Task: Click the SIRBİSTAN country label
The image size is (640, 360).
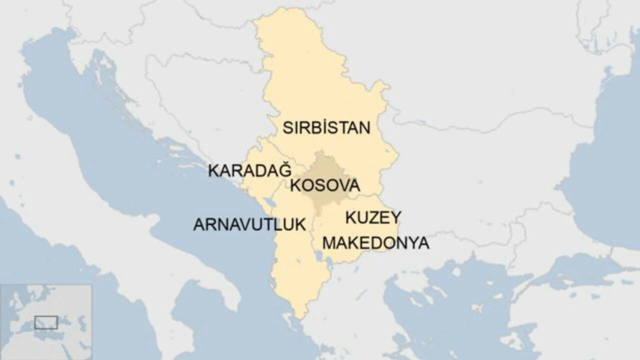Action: [326, 127]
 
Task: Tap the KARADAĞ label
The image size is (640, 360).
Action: [249, 170]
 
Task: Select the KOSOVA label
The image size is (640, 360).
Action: [325, 185]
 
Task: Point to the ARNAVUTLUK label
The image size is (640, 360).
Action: [249, 224]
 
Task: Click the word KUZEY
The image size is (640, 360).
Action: [373, 217]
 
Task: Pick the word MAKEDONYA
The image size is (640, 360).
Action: [375, 243]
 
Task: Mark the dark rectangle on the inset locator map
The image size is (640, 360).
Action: [46, 322]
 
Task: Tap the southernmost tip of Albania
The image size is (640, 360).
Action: [299, 316]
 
